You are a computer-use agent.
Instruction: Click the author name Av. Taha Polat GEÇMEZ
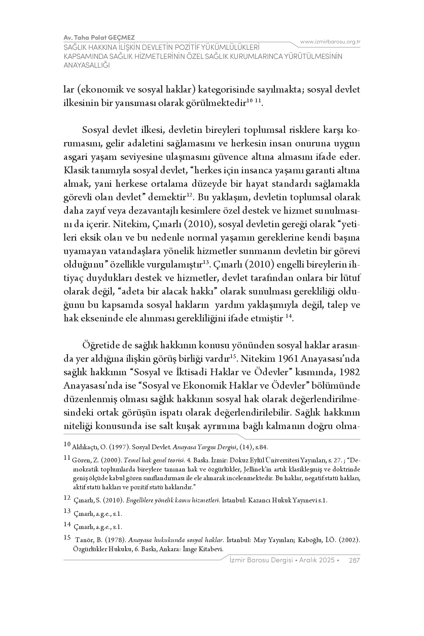[x=99, y=37]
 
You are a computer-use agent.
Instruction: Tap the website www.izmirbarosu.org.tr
[x=330, y=42]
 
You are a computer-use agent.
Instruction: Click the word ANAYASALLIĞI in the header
[x=87, y=65]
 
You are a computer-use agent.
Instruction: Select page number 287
[x=355, y=560]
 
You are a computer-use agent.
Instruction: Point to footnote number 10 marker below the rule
[x=67, y=445]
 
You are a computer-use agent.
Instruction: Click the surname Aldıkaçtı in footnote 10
[x=84, y=447]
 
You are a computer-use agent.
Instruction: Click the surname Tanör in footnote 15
[x=83, y=540]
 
